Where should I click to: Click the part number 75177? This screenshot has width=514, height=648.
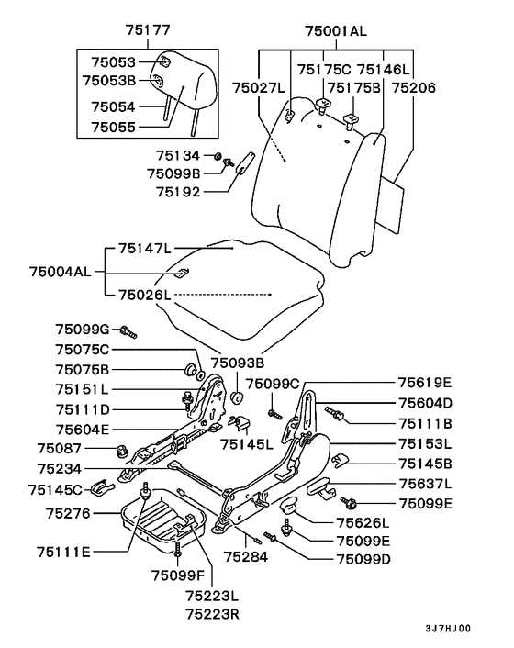click(148, 30)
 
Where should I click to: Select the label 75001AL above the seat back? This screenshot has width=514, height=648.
click(336, 31)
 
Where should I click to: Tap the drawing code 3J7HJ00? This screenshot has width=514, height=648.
click(448, 629)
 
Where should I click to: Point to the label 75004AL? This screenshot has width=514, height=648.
click(61, 272)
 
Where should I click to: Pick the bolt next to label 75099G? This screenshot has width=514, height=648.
click(128, 332)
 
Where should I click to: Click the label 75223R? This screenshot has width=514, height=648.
click(212, 614)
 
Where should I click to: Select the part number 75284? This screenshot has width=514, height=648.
click(246, 556)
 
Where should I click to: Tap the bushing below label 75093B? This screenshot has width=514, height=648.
click(238, 397)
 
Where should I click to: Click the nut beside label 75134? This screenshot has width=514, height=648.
click(217, 156)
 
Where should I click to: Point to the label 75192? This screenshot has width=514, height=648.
click(178, 192)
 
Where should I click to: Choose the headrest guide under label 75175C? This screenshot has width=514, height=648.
click(323, 104)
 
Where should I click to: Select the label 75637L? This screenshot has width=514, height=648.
click(425, 483)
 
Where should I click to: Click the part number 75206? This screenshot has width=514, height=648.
click(413, 88)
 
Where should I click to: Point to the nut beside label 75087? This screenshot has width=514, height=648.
click(120, 451)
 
